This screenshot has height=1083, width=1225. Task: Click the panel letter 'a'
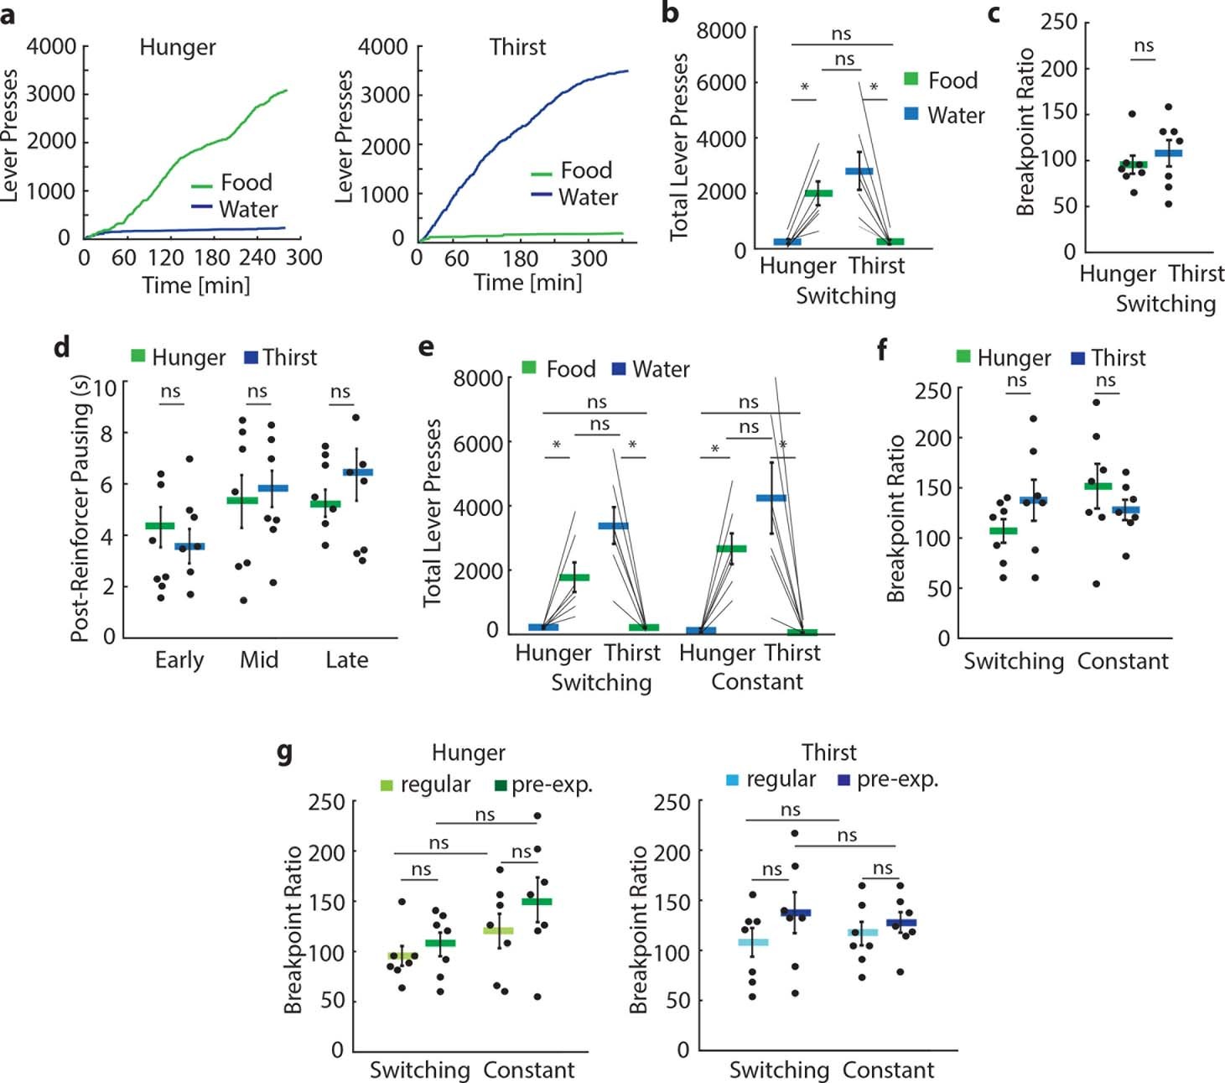[x=8, y=14]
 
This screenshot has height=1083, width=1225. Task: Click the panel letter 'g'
[x=285, y=752]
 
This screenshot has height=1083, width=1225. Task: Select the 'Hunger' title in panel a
[x=177, y=48]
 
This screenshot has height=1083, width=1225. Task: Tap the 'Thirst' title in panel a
[x=517, y=47]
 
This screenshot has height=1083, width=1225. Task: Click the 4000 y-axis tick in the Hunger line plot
[x=51, y=47]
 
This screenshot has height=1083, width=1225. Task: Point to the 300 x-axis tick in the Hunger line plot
[x=304, y=258]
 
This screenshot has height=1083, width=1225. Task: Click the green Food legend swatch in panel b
[x=911, y=80]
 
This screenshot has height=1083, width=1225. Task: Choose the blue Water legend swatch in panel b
[x=911, y=114]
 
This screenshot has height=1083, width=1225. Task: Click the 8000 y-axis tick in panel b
[x=721, y=31]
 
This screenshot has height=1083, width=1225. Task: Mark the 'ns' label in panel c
[x=1144, y=46]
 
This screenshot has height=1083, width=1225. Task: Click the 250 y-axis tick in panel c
[x=1058, y=22]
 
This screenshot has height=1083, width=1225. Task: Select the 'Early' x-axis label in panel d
[x=179, y=660]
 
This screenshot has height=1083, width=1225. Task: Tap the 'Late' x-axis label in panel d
[x=346, y=660]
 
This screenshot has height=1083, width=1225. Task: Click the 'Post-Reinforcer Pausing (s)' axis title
[x=80, y=509]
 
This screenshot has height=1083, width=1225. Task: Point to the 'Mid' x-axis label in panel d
[x=258, y=660]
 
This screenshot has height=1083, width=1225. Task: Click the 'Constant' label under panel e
[x=756, y=682]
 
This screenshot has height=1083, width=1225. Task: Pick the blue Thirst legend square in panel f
[x=1078, y=358]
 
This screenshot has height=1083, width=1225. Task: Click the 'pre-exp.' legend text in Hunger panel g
[x=552, y=785]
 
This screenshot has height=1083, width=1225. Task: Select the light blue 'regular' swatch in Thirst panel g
[x=733, y=780]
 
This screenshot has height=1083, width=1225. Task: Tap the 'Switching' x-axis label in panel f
[x=1013, y=661]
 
